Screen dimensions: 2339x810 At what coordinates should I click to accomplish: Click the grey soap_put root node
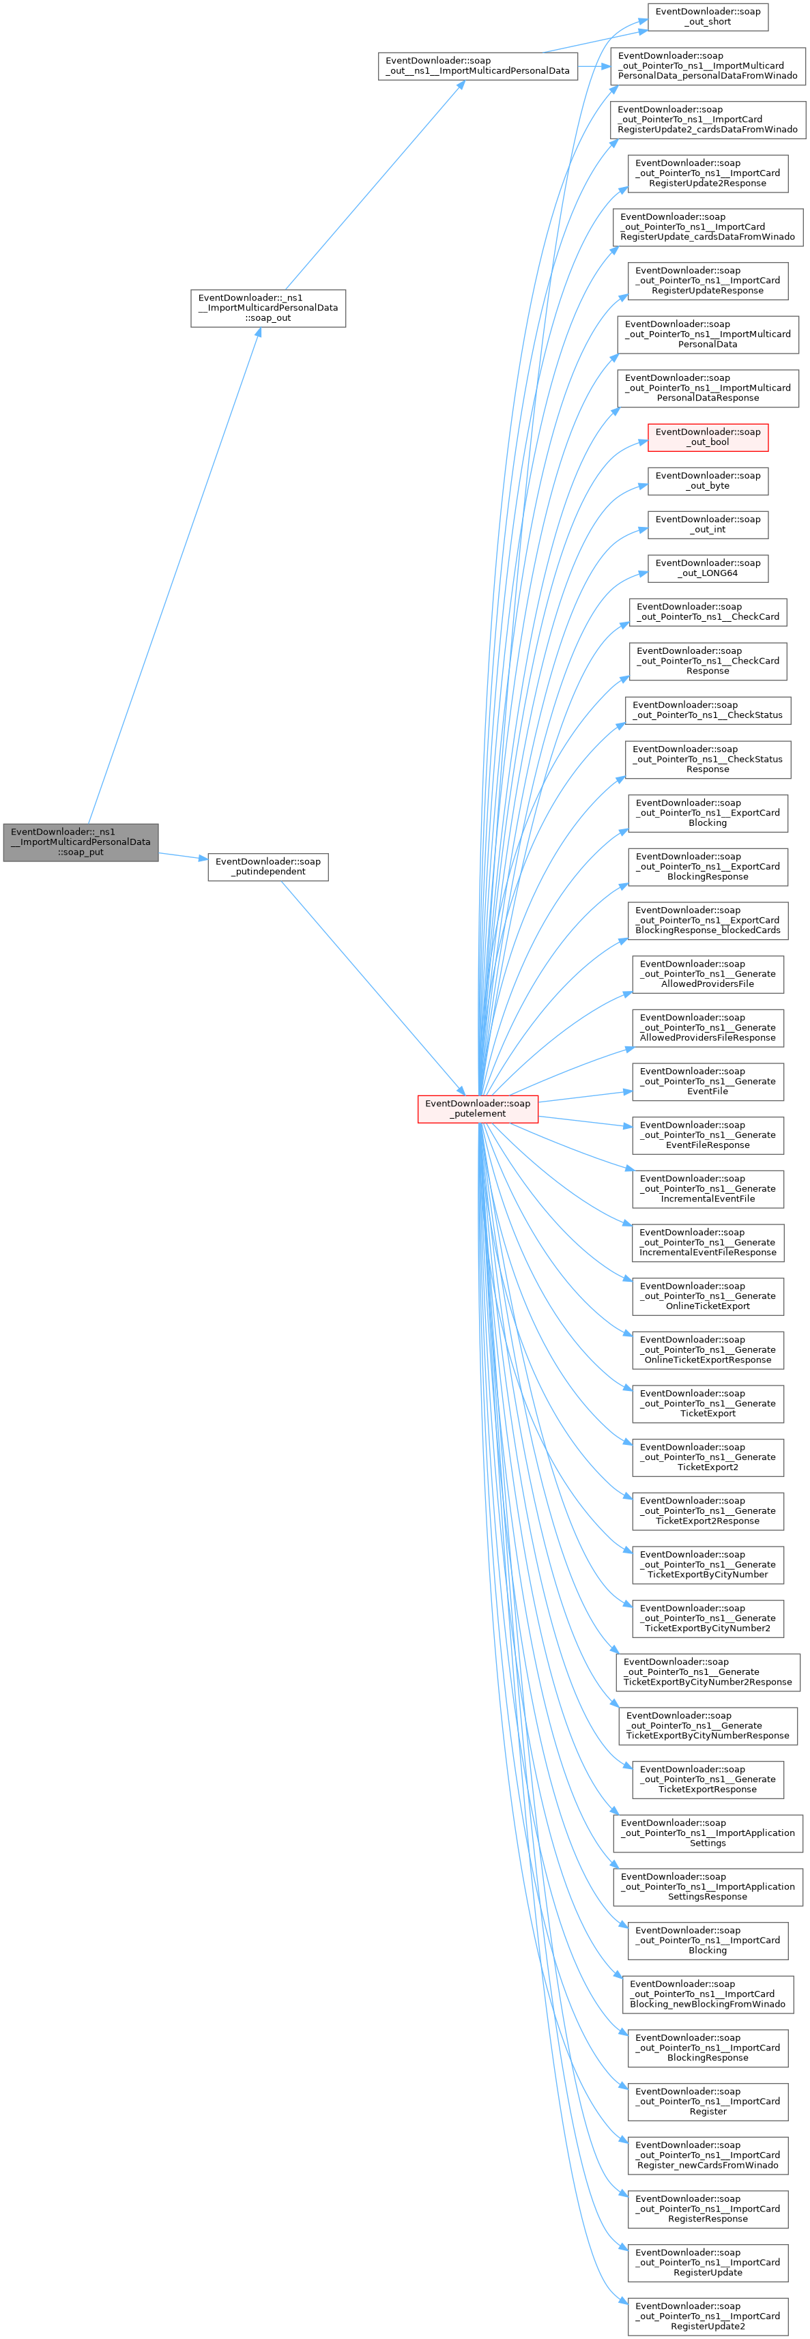point(81,842)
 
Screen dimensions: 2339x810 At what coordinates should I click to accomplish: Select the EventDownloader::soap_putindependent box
point(268,866)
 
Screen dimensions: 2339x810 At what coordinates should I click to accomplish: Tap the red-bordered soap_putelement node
point(478,1108)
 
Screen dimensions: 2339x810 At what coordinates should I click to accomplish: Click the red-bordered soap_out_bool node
point(708,437)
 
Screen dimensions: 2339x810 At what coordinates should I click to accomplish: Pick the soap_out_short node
point(708,16)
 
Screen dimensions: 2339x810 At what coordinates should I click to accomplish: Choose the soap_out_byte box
point(708,480)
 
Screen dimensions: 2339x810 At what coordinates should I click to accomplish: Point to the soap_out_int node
point(708,524)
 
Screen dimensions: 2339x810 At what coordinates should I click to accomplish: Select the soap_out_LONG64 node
point(708,569)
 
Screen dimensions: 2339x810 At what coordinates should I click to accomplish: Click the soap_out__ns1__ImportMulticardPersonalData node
point(478,66)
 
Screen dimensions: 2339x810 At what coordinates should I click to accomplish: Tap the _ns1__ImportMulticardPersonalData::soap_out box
point(268,308)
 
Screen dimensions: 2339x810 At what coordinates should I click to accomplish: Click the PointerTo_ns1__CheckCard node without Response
point(708,612)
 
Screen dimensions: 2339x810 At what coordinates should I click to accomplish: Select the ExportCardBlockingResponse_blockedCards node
point(708,920)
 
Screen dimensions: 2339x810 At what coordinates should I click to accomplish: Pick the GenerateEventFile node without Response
point(708,1080)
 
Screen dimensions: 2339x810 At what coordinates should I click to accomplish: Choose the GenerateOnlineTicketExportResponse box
point(708,1349)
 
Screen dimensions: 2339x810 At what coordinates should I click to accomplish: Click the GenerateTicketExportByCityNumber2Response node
point(708,1671)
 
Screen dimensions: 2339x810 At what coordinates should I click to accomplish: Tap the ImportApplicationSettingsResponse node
point(708,1886)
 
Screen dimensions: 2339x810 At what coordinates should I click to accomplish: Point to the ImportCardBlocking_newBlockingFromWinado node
point(708,1993)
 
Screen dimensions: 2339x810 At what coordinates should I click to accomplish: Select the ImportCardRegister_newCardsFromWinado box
point(708,2155)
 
